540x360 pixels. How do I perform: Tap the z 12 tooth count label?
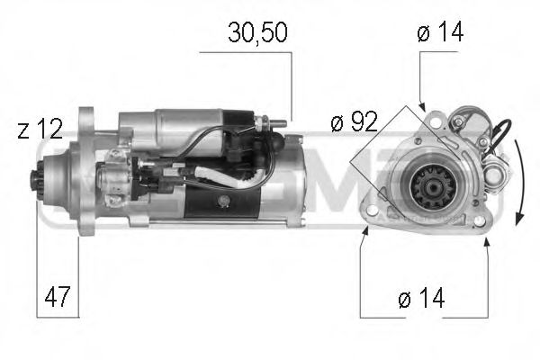click(x=40, y=130)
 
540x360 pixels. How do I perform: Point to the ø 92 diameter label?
click(x=353, y=122)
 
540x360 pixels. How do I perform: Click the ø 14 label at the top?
click(x=442, y=34)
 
